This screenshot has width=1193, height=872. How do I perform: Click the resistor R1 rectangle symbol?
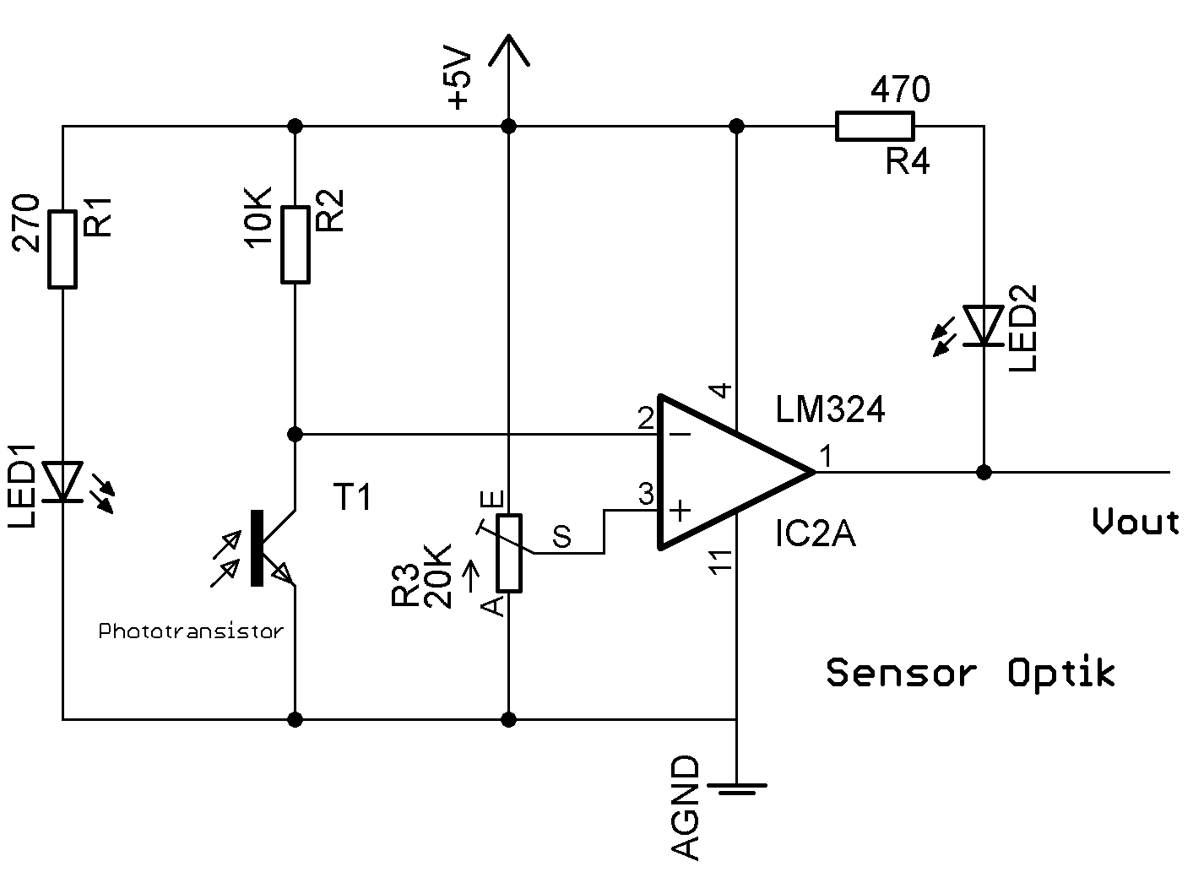tap(63, 249)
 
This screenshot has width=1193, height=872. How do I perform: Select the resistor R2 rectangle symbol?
tap(295, 244)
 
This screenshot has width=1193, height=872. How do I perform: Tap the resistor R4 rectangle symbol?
tap(874, 127)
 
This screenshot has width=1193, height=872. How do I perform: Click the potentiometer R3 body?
tap(508, 553)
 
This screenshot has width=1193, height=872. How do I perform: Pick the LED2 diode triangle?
tap(984, 326)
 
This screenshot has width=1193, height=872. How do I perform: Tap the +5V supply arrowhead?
tap(508, 51)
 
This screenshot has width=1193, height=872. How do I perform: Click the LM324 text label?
tap(831, 411)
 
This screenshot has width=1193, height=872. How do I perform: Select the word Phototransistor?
tap(191, 631)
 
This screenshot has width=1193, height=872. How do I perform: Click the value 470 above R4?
tap(900, 89)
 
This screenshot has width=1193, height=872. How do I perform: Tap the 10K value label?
tap(257, 217)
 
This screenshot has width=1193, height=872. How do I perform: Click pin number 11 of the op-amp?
tap(719, 562)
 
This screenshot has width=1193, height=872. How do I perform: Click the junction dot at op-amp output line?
tap(984, 472)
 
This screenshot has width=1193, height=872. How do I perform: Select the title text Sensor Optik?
tap(971, 673)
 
